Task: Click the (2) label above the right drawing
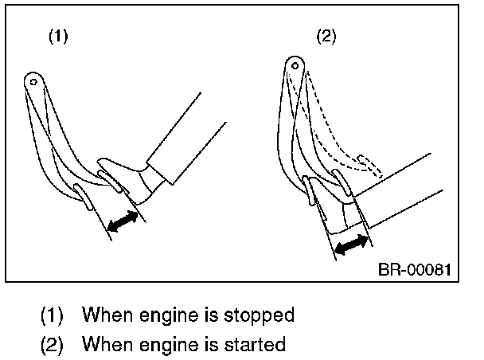point(326,38)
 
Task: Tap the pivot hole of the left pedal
point(33,80)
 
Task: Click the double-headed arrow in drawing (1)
point(122,220)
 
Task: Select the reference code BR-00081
point(414,269)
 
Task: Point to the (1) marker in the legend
point(53,315)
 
